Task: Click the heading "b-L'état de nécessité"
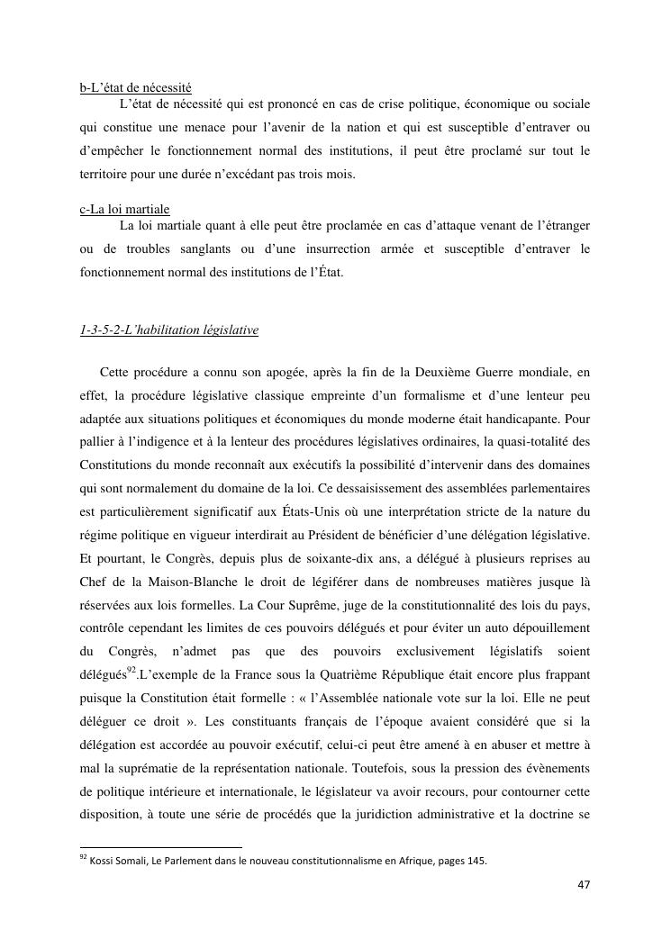[135, 88]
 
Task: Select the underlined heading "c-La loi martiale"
[124, 210]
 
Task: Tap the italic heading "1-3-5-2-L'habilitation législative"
[169, 330]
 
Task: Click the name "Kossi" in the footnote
[103, 861]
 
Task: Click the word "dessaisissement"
[389, 488]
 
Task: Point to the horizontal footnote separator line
[161, 846]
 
